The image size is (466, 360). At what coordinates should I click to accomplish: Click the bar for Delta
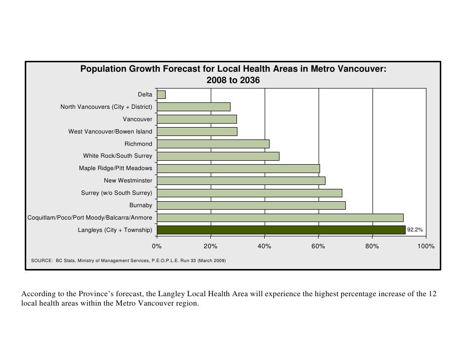point(161,94)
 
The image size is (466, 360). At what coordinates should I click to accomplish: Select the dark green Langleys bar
point(281,230)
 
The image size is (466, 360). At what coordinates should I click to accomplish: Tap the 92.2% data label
point(415,230)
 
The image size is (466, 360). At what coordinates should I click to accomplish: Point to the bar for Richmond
point(213,144)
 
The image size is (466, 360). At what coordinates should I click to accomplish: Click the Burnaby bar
point(251,205)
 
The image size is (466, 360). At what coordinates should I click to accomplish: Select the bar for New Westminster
point(241,180)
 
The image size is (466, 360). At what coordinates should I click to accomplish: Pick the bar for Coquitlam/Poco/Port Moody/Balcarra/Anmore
point(280,218)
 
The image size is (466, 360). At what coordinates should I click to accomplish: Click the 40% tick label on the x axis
point(265,246)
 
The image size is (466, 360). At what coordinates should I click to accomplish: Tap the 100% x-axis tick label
point(425,246)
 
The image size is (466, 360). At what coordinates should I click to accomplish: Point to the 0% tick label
point(157,246)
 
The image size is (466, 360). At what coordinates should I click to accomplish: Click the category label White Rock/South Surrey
point(118,156)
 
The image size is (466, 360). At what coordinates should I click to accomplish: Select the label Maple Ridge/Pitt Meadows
point(116,169)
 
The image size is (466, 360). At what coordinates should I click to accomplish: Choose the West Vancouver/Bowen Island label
point(110,132)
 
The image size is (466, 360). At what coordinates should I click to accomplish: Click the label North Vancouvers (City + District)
point(106,107)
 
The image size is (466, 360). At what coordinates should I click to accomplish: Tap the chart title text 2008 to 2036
point(233,80)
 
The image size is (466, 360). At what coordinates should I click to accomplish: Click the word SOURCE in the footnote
point(41,260)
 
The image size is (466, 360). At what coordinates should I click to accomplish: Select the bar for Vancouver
point(197,119)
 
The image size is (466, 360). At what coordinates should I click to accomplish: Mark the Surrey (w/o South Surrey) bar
point(249,193)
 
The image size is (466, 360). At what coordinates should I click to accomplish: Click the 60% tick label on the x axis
point(319,246)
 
